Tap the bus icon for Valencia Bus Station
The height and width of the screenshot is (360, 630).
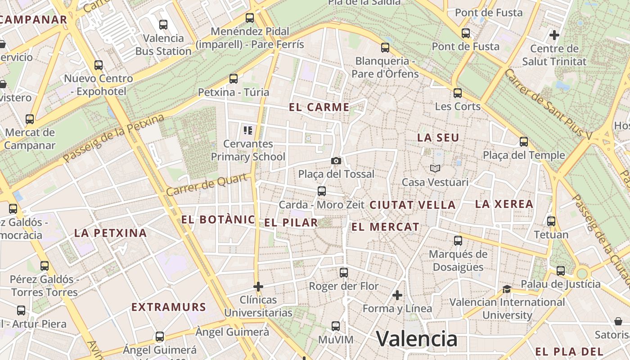(163, 25)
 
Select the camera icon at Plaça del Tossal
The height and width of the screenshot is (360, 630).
(336, 161)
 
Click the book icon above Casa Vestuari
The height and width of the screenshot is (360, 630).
(435, 168)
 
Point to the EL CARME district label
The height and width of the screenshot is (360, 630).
(319, 107)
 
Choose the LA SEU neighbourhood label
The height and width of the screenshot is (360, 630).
(438, 138)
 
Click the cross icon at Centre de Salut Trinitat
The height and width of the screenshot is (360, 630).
(554, 35)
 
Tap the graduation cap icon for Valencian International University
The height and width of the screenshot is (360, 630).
(507, 289)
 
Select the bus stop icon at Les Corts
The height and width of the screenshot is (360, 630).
(458, 93)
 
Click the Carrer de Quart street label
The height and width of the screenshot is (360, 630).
(207, 184)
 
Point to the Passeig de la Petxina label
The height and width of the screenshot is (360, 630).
(114, 138)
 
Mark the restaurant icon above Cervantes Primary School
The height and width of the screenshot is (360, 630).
(247, 130)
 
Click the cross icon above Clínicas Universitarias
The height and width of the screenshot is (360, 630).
(258, 286)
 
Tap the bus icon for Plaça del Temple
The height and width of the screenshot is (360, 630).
(523, 142)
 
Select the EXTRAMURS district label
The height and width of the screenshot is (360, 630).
(169, 307)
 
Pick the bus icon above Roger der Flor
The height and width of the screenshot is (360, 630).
(344, 272)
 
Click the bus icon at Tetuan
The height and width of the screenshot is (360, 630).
(551, 221)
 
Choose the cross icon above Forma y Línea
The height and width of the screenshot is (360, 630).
(397, 295)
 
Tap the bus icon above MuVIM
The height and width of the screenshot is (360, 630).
(336, 326)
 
